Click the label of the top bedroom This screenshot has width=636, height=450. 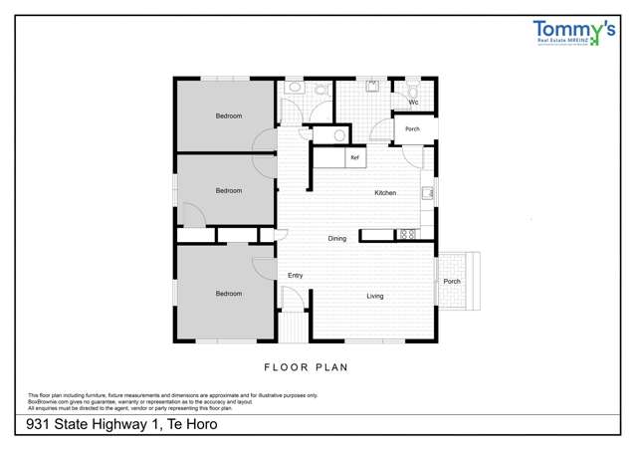click(229, 116)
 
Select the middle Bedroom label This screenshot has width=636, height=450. click(229, 190)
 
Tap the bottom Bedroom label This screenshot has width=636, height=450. click(229, 293)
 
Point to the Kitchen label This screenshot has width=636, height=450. click(385, 192)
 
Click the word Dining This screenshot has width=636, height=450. click(337, 238)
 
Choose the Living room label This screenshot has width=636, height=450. click(374, 296)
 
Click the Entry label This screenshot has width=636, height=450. click(295, 275)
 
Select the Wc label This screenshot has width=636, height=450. click(412, 103)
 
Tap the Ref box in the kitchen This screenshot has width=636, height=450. click(353, 157)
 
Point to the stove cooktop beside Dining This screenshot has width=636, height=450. click(406, 235)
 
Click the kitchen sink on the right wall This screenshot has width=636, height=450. click(426, 192)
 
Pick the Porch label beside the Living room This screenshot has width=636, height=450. click(452, 281)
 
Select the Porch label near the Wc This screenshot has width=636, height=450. click(412, 128)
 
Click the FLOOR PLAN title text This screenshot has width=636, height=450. click(306, 366)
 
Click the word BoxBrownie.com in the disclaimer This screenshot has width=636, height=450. click(49, 401)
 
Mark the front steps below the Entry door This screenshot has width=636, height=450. click(292, 326)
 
